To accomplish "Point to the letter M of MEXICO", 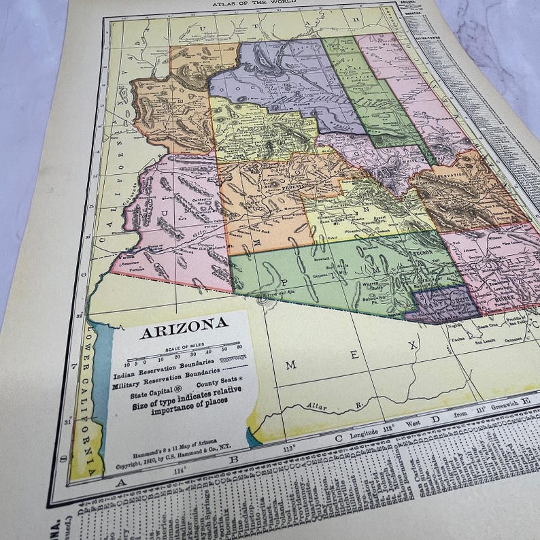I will [x=290, y=365].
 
